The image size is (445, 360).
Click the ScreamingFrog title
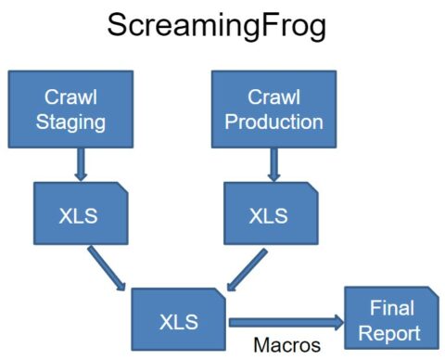click(217, 26)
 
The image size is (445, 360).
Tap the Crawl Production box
click(273, 109)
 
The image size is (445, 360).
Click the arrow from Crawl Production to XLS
click(273, 165)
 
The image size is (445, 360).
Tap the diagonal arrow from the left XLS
click(108, 268)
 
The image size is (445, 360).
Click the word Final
click(392, 307)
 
